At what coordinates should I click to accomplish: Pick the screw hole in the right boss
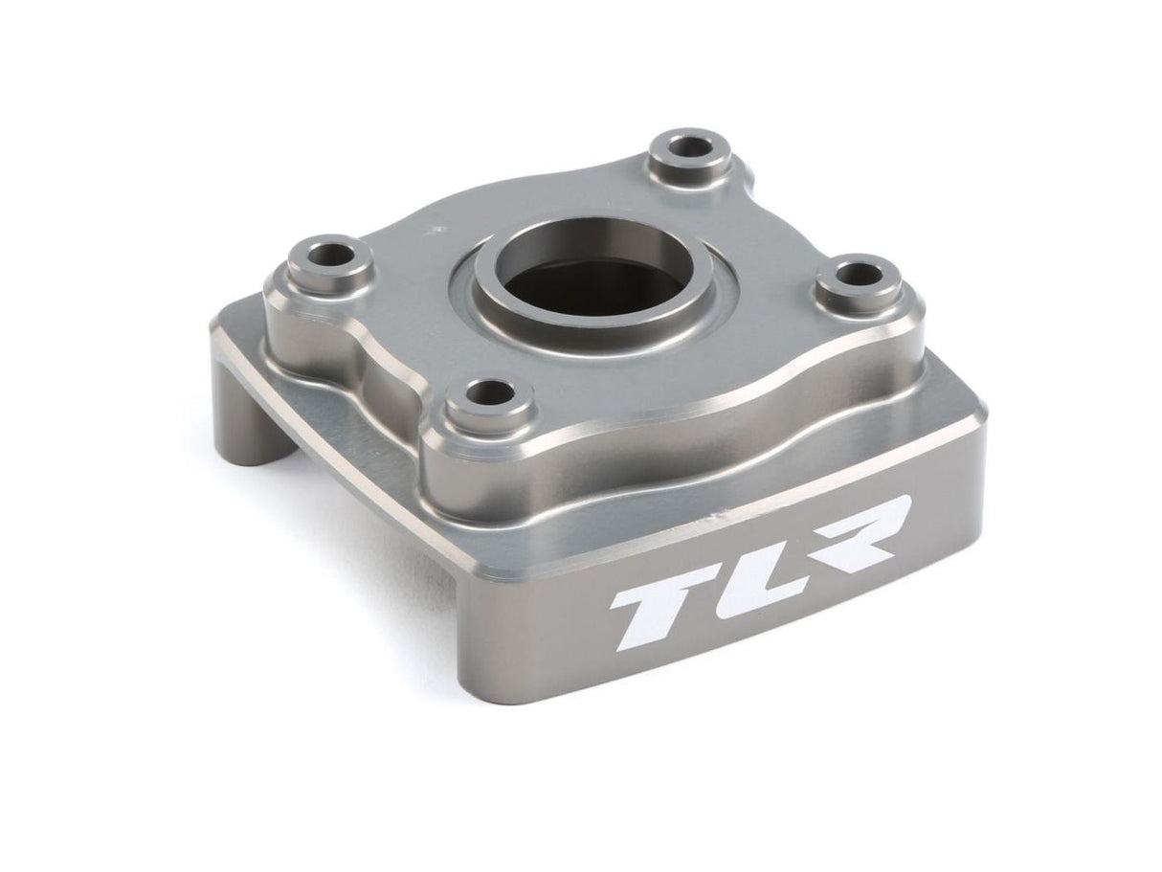859,276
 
